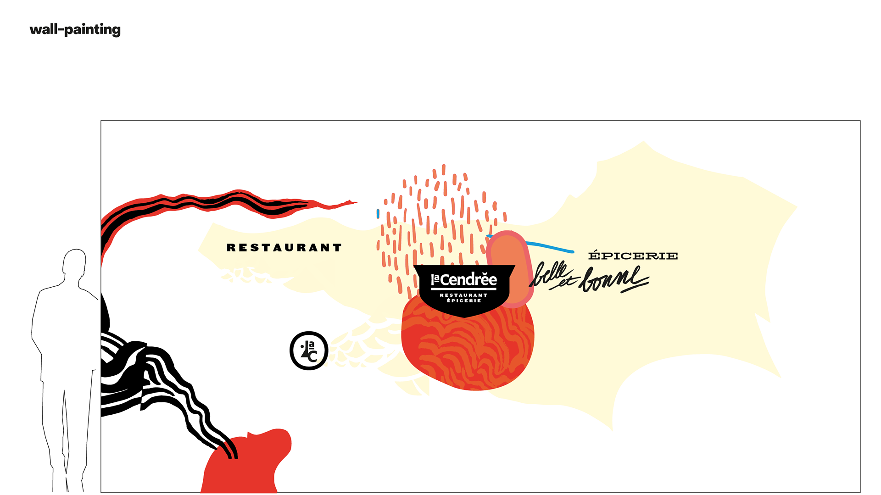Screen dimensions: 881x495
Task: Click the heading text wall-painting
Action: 75,30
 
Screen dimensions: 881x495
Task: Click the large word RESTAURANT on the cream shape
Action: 284,248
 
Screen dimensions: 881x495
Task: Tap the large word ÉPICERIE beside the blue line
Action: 633,256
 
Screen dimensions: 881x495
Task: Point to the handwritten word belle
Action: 550,273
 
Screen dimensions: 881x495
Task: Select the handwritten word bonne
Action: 613,279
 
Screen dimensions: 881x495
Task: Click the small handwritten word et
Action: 565,283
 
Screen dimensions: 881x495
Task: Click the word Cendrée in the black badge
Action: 468,280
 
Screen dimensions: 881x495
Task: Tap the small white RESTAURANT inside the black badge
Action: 463,295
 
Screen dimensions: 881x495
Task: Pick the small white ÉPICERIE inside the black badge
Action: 464,300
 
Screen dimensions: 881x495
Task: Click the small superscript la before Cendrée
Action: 435,278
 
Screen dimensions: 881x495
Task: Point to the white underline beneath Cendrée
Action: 463,289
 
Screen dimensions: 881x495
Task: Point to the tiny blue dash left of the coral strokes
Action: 378,213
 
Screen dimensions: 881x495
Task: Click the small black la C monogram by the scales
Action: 309,351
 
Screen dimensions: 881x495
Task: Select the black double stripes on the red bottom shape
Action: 229,448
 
